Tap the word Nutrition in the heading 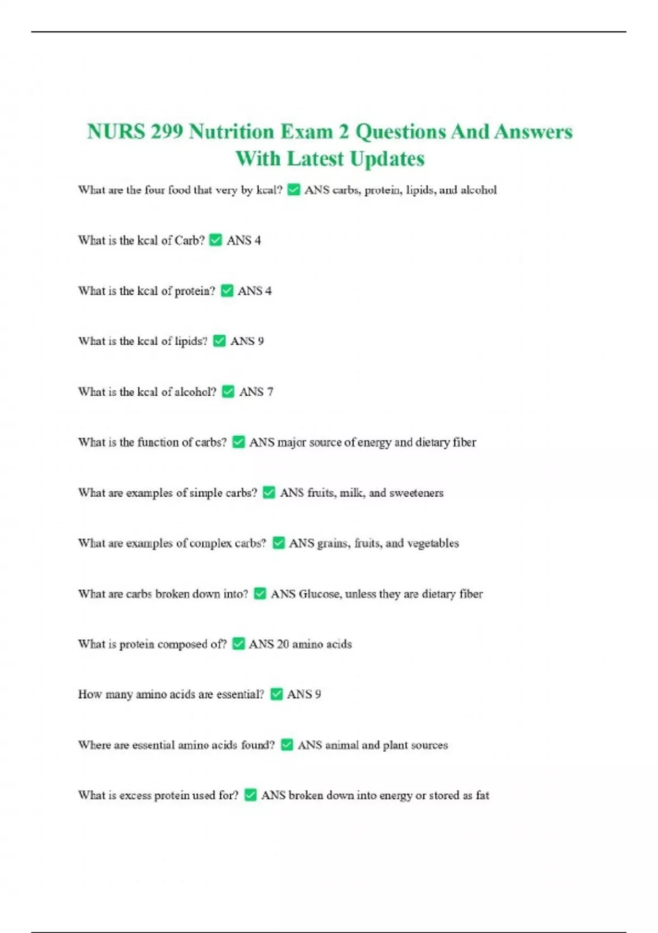pos(231,132)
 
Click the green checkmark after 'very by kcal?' pos(294,190)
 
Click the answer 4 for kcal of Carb pos(257,240)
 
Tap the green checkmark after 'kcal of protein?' pos(227,291)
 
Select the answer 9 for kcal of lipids pos(260,341)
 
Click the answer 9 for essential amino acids pos(317,694)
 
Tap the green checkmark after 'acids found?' pos(287,745)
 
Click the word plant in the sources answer pos(395,745)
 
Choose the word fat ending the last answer pos(483,795)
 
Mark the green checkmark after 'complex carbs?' pos(279,543)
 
